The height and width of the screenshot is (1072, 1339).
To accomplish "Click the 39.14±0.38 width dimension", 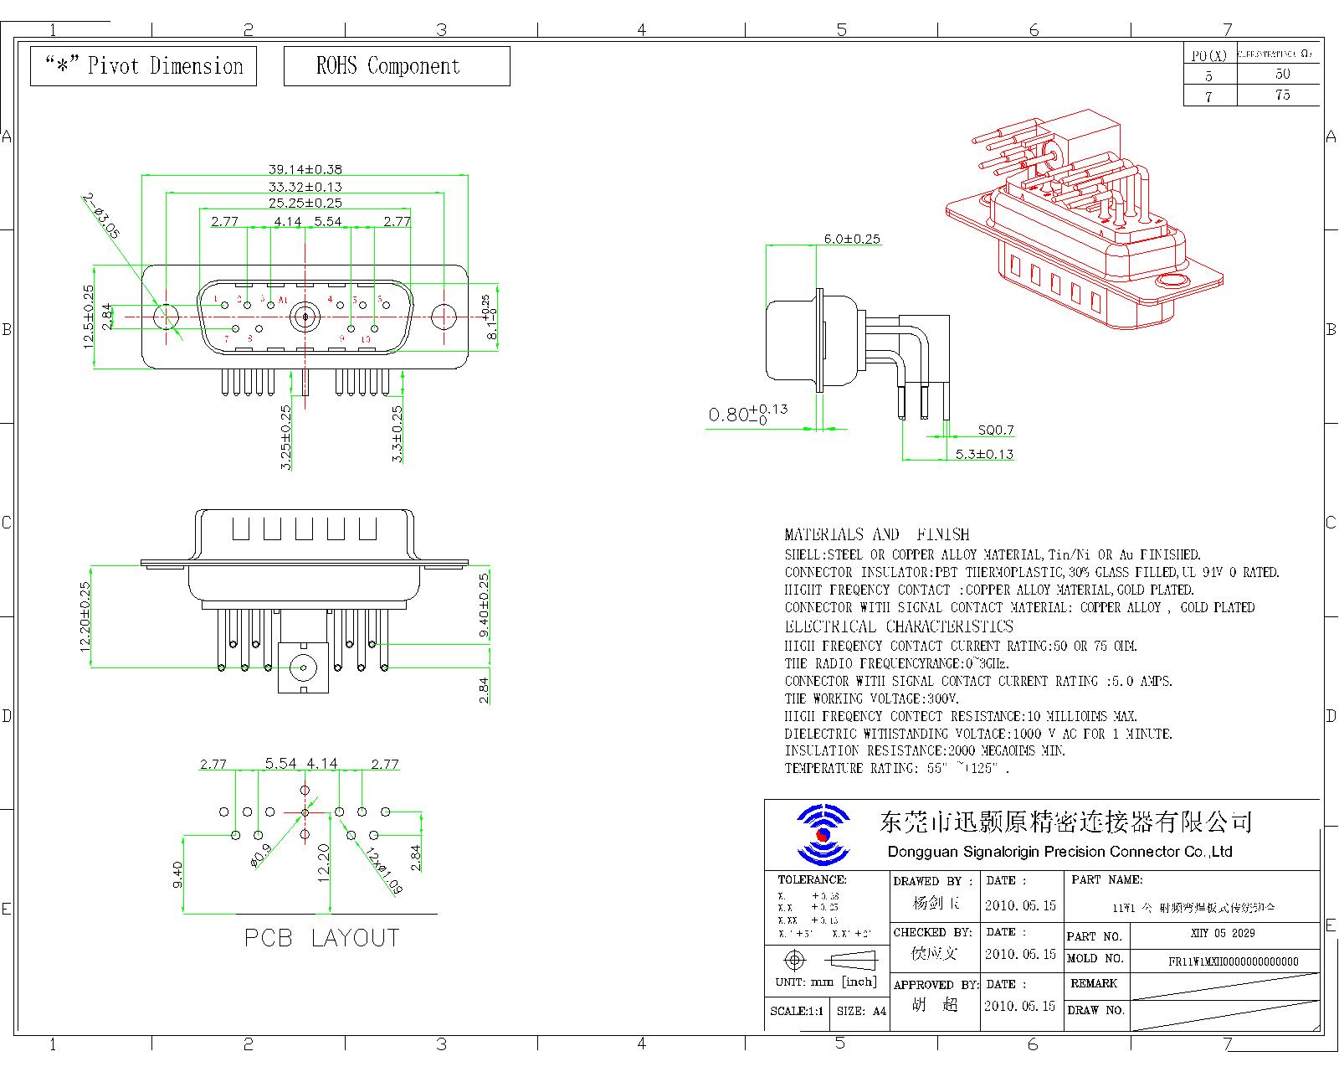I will pos(305,169).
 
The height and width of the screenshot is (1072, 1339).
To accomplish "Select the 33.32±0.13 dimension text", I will pos(305,187).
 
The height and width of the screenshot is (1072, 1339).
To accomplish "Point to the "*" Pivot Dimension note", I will pos(143,66).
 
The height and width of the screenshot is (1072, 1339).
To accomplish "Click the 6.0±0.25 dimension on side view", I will pos(852,239).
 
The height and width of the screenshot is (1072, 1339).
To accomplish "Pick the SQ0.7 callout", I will pos(996,430).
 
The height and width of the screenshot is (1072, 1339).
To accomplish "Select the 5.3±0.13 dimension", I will pos(984,454).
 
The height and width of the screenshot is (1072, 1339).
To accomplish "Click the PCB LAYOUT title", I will pos(321,938).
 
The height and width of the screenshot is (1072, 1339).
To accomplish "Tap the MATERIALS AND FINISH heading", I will pos(876,534).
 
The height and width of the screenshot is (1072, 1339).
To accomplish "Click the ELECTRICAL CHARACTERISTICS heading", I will pos(899,627).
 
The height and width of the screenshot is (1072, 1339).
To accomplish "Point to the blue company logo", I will pos(823,835).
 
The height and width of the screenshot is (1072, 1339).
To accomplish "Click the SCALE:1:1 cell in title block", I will pos(796,1011).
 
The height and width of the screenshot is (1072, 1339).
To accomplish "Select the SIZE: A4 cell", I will pos(861,1011).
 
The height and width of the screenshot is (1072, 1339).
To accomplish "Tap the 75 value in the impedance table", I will pos(1282,95).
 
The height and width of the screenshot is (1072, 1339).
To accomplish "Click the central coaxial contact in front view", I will pos(305,317).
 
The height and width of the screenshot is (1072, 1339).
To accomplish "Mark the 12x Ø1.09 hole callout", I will pos(382,872).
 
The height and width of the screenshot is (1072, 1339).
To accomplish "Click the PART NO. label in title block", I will pos(1094,936).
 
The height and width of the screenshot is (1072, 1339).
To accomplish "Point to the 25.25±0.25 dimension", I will pos(305,203).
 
